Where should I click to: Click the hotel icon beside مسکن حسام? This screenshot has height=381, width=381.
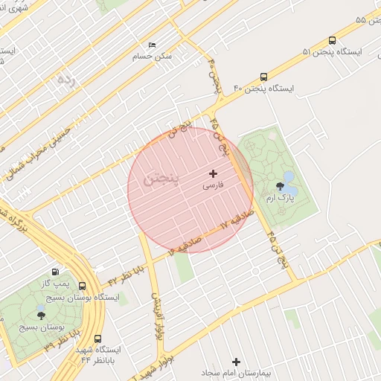tap(153, 45)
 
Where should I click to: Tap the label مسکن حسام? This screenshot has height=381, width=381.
tap(152, 57)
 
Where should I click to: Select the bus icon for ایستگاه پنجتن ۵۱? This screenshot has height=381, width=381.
tap(331, 41)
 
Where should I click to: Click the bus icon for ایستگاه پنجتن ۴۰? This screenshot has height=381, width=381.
tap(264, 77)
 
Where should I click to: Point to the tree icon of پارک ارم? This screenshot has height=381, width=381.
tap(280, 187)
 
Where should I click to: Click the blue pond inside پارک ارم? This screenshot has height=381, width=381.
tap(290, 183)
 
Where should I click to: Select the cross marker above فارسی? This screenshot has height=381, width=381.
tap(214, 173)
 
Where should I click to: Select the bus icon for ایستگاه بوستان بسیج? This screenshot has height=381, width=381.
tap(81, 286)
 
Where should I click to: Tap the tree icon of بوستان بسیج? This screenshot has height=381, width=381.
tap(41, 315)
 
